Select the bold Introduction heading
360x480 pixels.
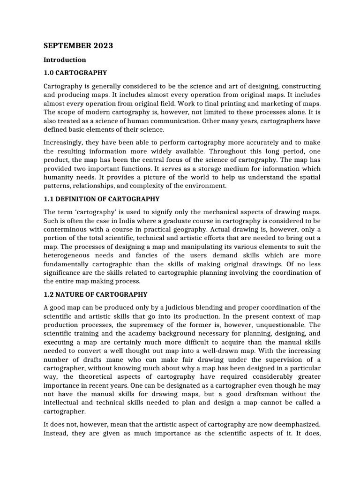(x=65, y=60)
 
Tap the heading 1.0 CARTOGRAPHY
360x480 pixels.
(x=75, y=73)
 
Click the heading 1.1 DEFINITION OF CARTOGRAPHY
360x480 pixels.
(x=101, y=199)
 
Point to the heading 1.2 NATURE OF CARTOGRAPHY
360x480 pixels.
(x=95, y=294)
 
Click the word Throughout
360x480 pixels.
(x=229, y=152)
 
